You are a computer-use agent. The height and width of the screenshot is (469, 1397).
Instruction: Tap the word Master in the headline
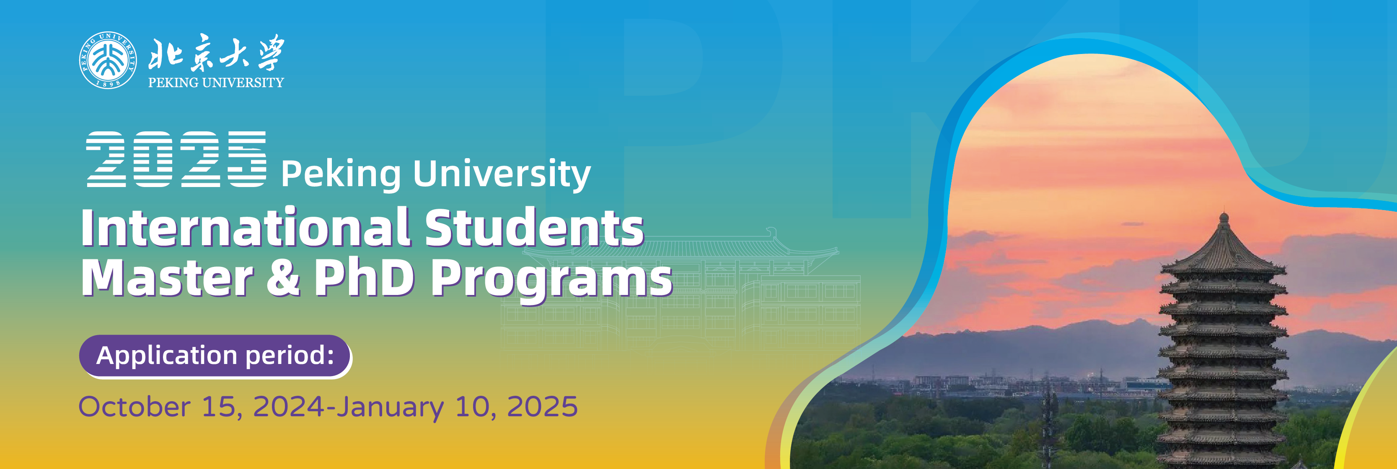(168, 277)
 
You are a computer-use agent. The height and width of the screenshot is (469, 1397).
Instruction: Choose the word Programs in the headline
(551, 281)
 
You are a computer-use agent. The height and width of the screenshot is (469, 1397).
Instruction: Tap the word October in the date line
(135, 407)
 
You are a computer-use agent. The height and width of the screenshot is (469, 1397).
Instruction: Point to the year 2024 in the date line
(289, 407)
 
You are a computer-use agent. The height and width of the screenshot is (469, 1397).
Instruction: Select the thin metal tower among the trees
(1049, 417)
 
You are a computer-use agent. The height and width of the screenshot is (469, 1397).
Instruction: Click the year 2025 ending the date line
(542, 407)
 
